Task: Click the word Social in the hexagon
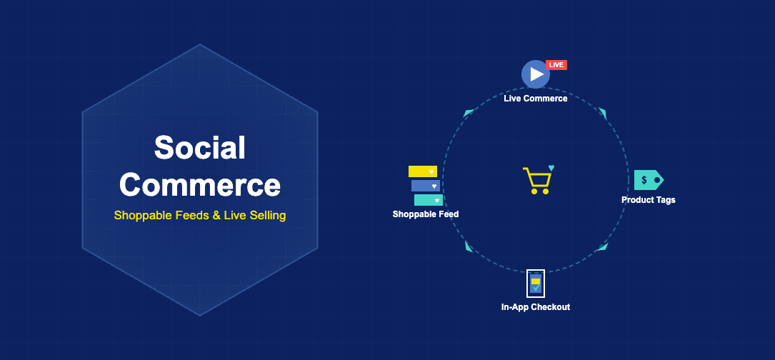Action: click(x=200, y=148)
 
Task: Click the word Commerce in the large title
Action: click(x=200, y=184)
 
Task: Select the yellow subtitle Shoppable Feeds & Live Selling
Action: click(x=200, y=215)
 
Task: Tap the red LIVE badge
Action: click(x=556, y=65)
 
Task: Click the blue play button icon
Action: click(x=535, y=74)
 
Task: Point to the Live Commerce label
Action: click(x=535, y=99)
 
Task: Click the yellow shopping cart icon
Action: click(x=537, y=181)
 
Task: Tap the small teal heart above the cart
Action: click(x=551, y=169)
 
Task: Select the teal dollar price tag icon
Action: click(x=648, y=180)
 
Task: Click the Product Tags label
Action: click(x=648, y=200)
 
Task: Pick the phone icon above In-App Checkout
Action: click(x=535, y=284)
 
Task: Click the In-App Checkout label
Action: click(x=535, y=307)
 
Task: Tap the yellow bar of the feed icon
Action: click(x=422, y=171)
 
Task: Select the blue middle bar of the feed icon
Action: click(x=425, y=186)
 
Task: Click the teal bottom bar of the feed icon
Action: click(x=428, y=200)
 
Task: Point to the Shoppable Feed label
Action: click(x=426, y=214)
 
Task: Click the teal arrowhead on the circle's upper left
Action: click(x=469, y=113)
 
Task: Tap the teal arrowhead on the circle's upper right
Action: click(x=603, y=113)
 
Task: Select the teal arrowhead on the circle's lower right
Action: click(x=603, y=246)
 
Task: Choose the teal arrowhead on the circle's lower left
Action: click(x=469, y=246)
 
